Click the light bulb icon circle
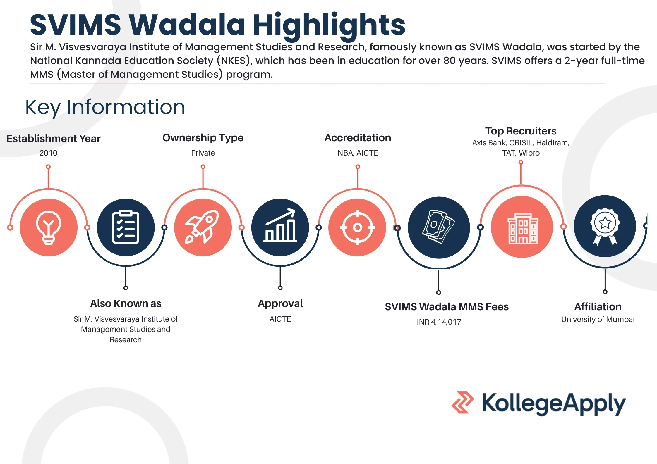coord(49,227)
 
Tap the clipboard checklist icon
coord(126,227)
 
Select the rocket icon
coord(203,227)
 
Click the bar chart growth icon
coord(280,227)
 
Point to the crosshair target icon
coord(357,227)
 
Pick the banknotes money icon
coord(438,227)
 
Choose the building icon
coord(522,227)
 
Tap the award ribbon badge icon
coord(605,226)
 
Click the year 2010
coord(48,153)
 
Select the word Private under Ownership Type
coord(203,153)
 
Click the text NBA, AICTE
coord(358,153)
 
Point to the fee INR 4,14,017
coord(439,322)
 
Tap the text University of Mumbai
coord(598,319)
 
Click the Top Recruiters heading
coord(521,131)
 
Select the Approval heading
coord(280,303)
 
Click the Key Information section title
coord(105,107)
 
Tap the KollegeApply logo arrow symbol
coord(462,402)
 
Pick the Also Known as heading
coord(126,303)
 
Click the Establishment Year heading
coord(53,138)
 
